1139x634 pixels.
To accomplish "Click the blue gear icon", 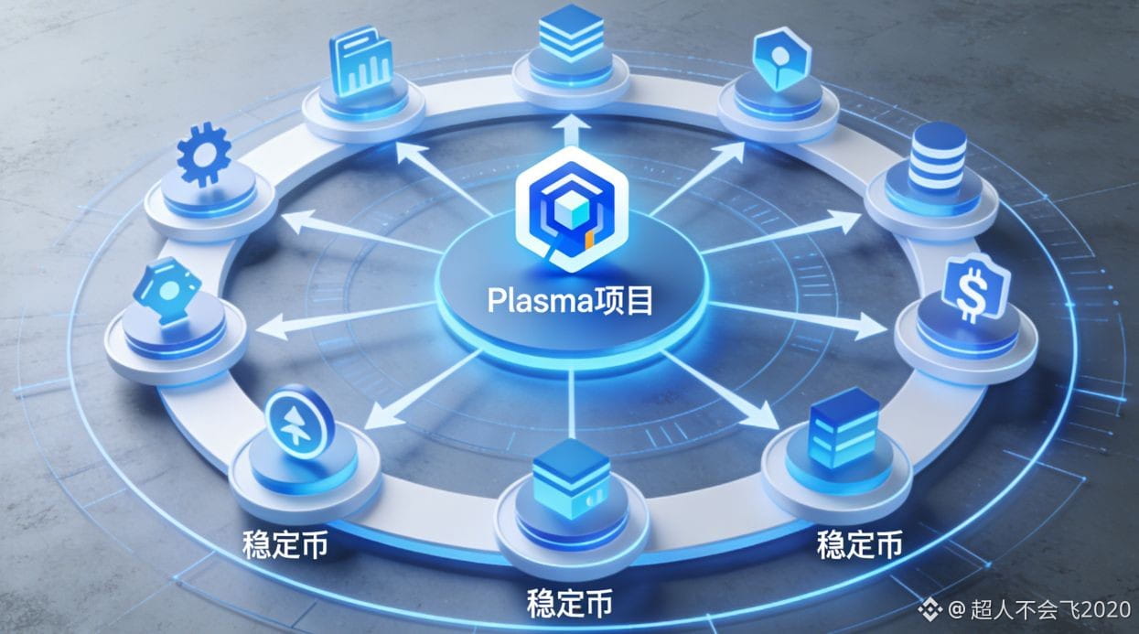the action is pos(204,154).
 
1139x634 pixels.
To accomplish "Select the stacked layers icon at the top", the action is pos(571,33).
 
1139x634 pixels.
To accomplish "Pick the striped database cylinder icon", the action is pos(938,157).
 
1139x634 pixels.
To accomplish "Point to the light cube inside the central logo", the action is pos(572,211).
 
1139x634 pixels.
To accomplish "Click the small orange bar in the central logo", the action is pos(589,242).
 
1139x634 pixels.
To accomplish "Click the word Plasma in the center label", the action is pos(541,302).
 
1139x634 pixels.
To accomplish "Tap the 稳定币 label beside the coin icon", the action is pos(285,544).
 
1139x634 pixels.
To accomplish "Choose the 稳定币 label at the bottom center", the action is pos(569,603).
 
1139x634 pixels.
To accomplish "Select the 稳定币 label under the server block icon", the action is pos(860,544).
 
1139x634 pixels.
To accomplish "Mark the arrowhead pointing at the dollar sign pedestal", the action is pos(871,326).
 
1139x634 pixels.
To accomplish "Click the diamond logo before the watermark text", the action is pos(930,609).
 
